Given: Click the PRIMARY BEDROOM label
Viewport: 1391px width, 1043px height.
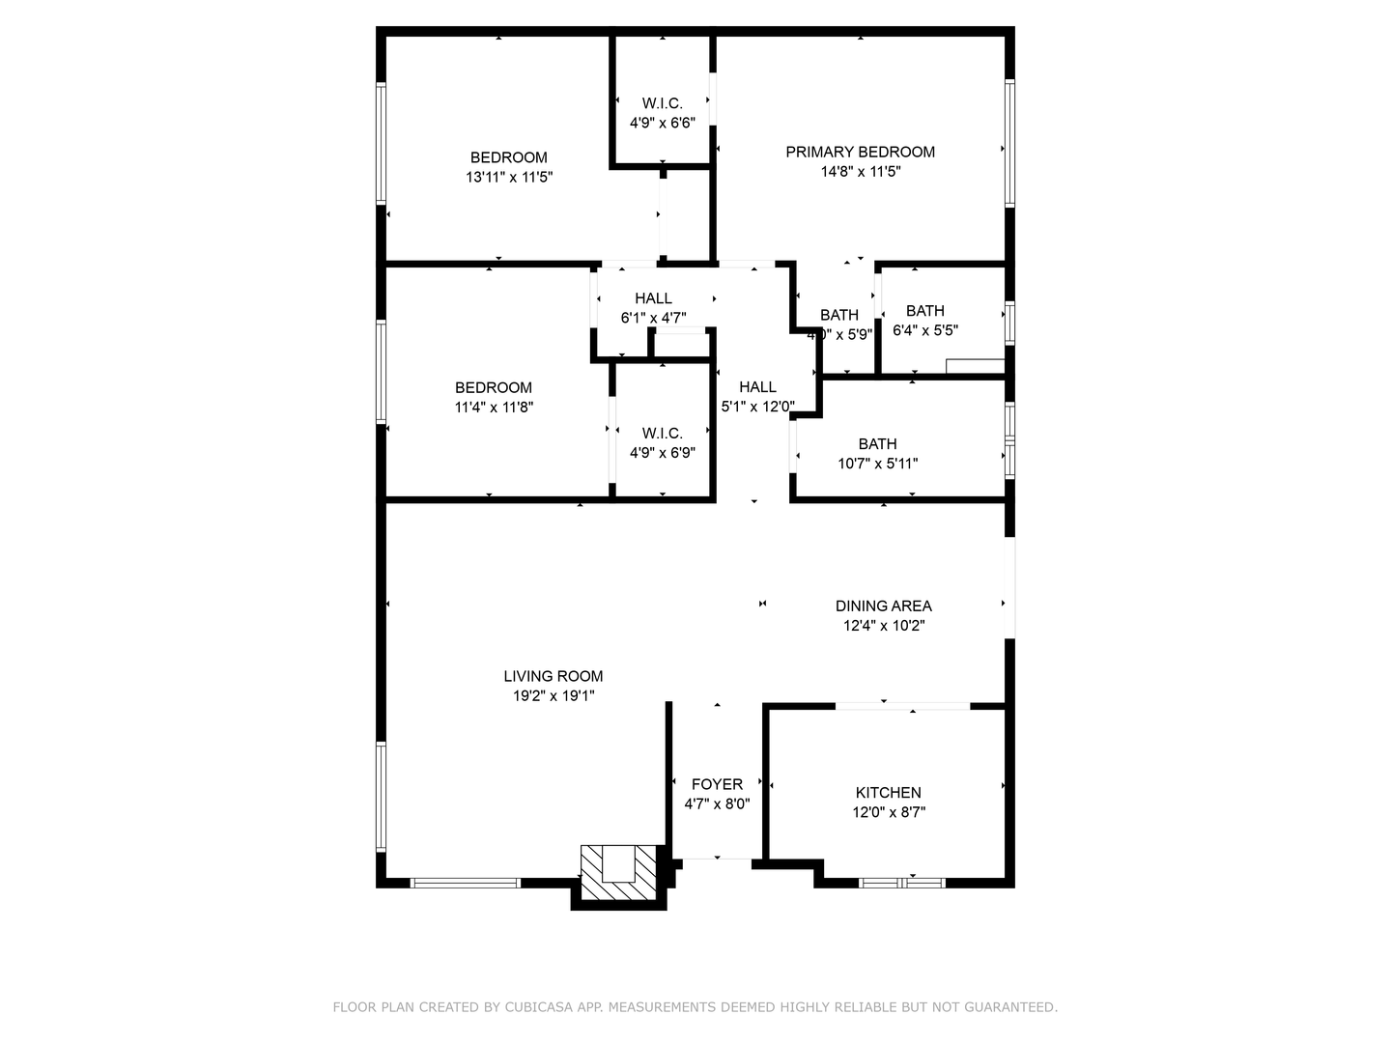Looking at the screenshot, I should coord(860,152).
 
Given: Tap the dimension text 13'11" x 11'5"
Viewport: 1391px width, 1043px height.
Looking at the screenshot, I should coord(509,177).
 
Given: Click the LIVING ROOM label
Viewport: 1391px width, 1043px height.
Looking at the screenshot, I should coord(554,676).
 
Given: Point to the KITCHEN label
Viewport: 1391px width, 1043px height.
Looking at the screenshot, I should coord(888,792).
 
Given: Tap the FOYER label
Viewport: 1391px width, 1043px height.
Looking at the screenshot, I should coord(717,784).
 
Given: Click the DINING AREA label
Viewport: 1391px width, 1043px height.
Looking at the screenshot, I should coord(883,606).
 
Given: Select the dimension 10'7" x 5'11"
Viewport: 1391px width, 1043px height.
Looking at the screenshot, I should coord(877,464).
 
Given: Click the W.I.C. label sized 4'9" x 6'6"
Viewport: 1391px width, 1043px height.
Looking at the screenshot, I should coord(662,103).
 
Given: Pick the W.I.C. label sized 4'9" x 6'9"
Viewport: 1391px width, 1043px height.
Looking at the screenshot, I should coord(662,433).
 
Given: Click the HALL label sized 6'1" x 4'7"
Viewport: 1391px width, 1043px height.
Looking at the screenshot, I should coord(653,298).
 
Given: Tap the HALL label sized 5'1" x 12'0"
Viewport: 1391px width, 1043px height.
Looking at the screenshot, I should coord(757,386).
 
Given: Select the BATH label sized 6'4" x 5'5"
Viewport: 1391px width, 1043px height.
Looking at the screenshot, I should coord(924,310).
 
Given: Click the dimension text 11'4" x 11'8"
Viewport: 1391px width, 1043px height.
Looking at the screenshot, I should coord(494,408).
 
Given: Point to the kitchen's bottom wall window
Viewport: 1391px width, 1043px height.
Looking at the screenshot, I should coord(902,882).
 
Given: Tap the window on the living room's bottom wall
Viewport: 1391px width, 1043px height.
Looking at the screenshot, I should coord(466,882).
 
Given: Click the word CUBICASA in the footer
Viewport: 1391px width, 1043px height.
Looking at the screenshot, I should coord(540,1007).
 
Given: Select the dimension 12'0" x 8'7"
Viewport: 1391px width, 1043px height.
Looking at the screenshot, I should coord(888,812).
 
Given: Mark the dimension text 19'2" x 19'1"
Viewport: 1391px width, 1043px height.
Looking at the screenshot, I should coord(554,695).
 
